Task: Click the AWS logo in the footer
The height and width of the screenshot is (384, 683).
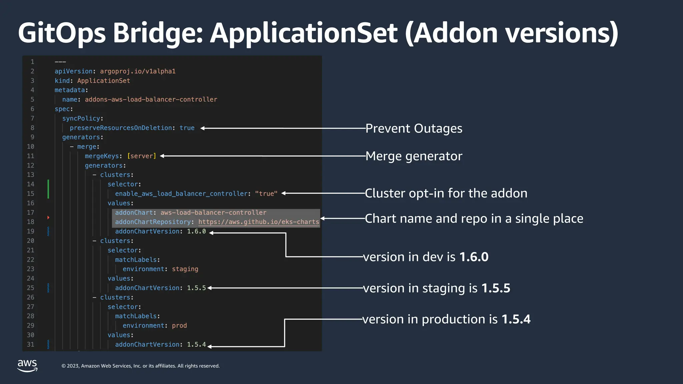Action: (x=27, y=365)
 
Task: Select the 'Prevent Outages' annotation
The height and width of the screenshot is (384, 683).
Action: (x=414, y=128)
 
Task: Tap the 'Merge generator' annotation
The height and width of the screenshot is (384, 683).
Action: (x=414, y=156)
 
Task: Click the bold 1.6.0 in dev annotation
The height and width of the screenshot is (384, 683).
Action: (x=474, y=257)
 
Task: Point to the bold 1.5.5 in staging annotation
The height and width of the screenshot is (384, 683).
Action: (x=496, y=288)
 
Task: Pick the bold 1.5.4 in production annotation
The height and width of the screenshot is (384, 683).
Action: (x=516, y=319)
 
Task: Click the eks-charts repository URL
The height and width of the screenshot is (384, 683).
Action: (x=258, y=222)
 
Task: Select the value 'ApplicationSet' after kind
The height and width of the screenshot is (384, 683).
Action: (x=103, y=81)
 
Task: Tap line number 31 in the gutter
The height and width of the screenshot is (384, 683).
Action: (x=30, y=344)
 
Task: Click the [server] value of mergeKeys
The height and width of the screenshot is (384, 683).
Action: (x=141, y=156)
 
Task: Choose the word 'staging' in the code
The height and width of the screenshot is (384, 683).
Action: (x=185, y=269)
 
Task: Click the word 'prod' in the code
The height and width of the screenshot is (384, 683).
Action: (x=179, y=326)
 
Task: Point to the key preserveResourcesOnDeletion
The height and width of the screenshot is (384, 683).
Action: (x=121, y=128)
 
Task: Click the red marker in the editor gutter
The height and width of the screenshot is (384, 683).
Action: (x=48, y=218)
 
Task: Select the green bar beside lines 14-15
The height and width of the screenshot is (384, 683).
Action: (x=48, y=189)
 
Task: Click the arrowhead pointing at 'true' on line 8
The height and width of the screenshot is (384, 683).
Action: (x=202, y=128)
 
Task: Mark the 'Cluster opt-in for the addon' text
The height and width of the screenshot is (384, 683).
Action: (x=446, y=193)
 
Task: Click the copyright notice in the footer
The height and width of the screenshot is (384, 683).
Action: (x=140, y=366)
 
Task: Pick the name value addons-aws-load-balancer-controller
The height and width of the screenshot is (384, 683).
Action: (x=151, y=100)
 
